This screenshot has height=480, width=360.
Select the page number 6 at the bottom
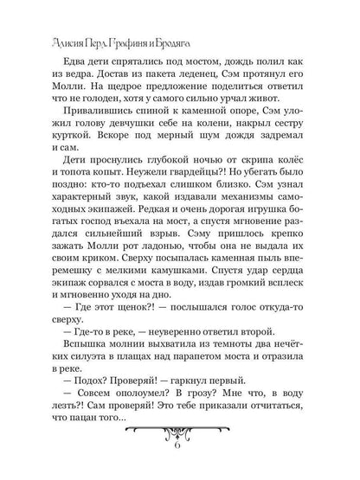point(179,458)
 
